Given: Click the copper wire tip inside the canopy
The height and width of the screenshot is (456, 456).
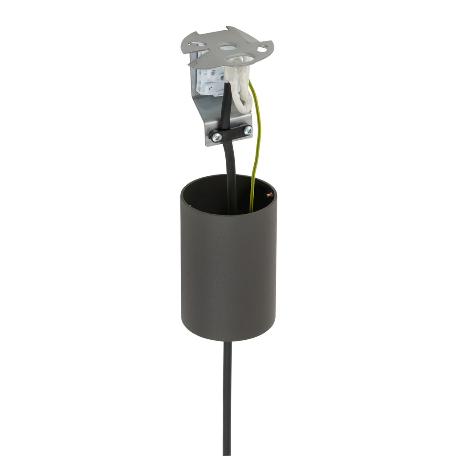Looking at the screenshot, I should click(x=268, y=195).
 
